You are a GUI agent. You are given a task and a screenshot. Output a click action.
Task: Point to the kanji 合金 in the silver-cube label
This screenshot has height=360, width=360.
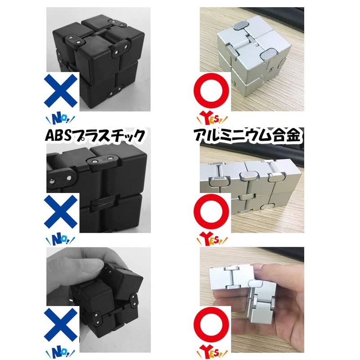click(x=288, y=136)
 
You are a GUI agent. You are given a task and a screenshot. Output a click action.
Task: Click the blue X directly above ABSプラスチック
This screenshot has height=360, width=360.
click(x=62, y=92)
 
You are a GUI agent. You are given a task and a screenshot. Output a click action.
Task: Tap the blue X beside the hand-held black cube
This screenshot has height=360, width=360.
click(x=62, y=323)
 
